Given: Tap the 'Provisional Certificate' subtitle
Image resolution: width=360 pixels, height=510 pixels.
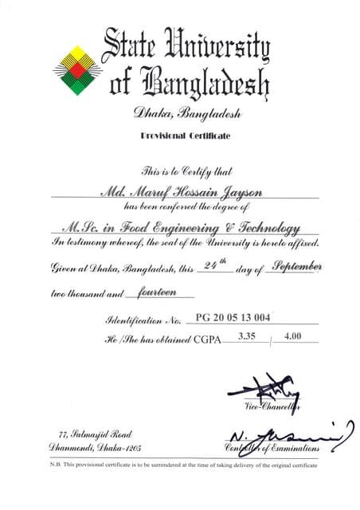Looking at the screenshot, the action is click(185, 136).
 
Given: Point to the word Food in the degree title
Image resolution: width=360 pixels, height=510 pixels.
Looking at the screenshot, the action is click(155, 228).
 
